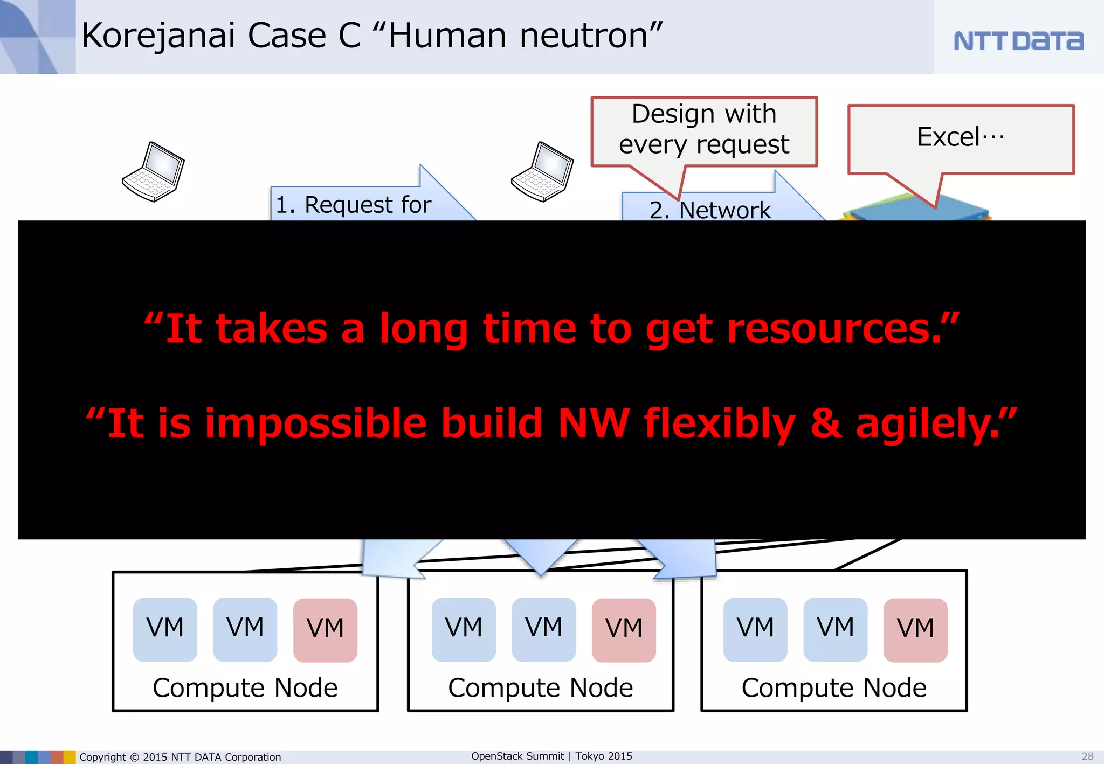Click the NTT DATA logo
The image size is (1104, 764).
coord(1018,41)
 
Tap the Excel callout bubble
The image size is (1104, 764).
coord(961,137)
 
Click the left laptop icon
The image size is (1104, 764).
coord(154,172)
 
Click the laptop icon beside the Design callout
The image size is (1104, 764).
coord(542,172)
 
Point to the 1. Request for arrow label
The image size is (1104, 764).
coord(353,205)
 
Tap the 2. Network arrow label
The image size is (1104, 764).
coord(710,210)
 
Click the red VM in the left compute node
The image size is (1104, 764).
coord(325,629)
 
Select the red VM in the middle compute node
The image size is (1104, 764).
coord(624,629)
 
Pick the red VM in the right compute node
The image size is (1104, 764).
coord(915,629)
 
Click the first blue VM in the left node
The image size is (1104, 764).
coord(165,629)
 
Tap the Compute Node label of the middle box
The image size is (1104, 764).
coord(541,688)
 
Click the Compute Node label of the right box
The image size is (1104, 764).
coord(834,688)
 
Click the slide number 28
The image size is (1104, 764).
coord(1087,756)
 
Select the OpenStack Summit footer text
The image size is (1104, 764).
coord(551,756)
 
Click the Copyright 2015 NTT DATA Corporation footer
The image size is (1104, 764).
coord(180,757)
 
